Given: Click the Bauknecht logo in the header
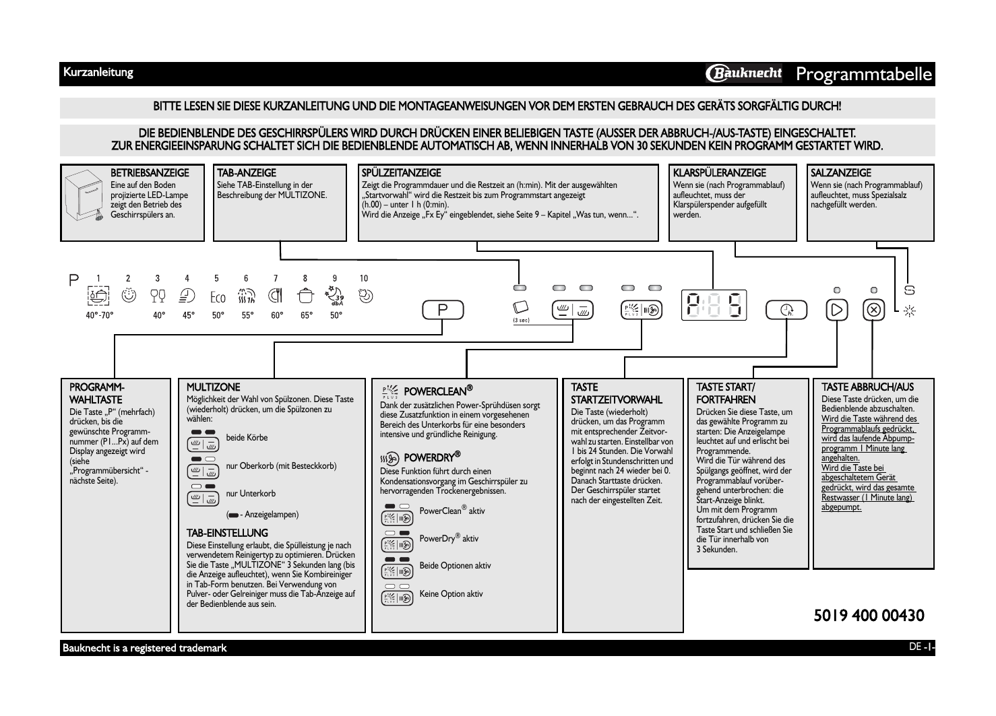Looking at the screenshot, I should [x=743, y=73].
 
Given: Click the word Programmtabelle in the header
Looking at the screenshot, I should [x=864, y=73].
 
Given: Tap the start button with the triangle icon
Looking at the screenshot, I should [x=836, y=311].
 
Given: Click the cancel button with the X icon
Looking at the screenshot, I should [x=874, y=311].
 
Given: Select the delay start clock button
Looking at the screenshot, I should [x=786, y=310].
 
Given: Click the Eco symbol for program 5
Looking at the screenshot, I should [x=217, y=296].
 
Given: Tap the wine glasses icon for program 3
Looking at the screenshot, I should [x=158, y=296].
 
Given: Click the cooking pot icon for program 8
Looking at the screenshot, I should [x=305, y=296].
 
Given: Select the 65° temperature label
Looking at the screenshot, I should [x=307, y=315].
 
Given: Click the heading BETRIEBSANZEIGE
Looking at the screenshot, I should [x=150, y=173].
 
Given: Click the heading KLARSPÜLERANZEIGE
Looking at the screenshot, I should [x=719, y=173].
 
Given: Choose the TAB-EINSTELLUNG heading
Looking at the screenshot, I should [x=227, y=533].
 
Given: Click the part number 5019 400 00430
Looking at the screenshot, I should [x=869, y=615].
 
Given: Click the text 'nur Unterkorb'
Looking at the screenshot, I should [x=251, y=493].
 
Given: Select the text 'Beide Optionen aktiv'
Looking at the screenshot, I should [x=455, y=566].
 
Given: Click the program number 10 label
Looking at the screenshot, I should [x=364, y=278].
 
